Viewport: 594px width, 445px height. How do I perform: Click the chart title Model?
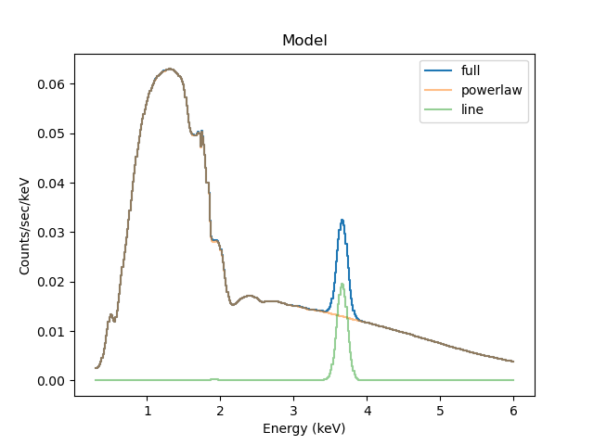(304, 42)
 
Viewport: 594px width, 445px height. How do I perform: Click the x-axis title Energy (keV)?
(304, 427)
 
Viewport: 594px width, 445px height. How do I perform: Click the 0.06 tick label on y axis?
(50, 84)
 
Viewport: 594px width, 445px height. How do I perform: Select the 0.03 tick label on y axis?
(50, 233)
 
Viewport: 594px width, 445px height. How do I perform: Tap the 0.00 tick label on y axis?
(50, 381)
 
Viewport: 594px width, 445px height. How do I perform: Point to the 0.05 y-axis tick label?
(50, 133)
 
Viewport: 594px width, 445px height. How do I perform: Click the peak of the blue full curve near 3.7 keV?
(342, 220)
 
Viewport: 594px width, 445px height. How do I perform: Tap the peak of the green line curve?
(342, 284)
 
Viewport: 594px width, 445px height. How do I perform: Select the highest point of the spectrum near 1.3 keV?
(169, 69)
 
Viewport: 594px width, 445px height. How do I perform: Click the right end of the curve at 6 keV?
(513, 362)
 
